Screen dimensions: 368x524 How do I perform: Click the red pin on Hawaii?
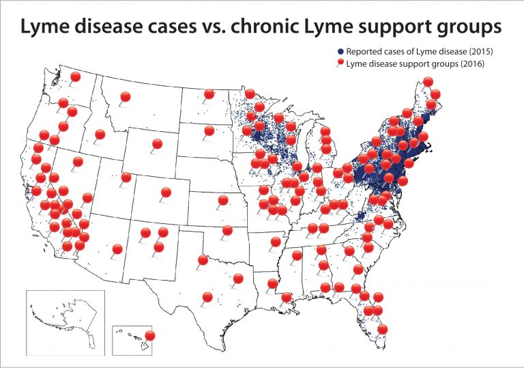click(150, 335)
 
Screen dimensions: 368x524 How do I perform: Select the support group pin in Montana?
click(125, 98)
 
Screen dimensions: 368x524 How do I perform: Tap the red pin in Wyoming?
click(157, 144)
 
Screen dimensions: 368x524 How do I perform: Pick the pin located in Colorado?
click(166, 193)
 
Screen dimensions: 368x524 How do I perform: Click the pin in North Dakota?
click(209, 94)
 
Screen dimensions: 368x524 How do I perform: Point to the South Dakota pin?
click(209, 130)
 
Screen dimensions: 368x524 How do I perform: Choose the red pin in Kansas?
click(222, 200)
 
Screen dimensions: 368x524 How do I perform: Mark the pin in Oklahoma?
click(227, 231)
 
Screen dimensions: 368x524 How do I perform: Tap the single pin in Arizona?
click(117, 249)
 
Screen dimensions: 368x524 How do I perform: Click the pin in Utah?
click(126, 178)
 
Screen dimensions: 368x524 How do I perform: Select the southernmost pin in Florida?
click(383, 329)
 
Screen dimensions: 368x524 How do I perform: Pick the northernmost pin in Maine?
click(428, 82)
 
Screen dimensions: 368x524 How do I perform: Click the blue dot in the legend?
click(340, 52)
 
